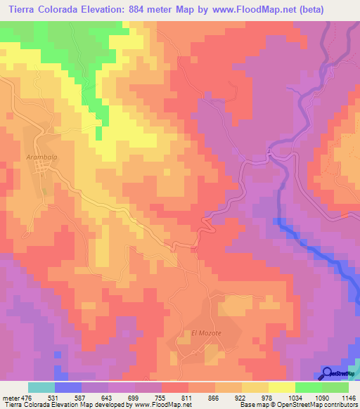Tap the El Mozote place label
click(206, 332)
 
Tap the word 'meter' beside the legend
click(11, 397)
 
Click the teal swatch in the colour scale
click(41, 387)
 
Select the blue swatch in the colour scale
click(68, 387)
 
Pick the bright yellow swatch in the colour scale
click(281, 387)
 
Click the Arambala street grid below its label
click(40, 172)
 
